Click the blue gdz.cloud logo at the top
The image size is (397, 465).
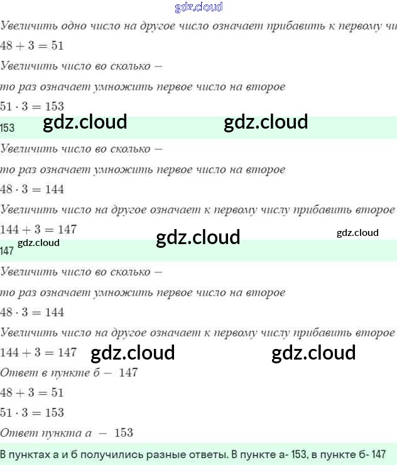[198, 8]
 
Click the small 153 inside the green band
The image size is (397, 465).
[8, 128]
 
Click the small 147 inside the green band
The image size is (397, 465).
[7, 251]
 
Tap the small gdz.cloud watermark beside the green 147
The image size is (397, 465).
[38, 243]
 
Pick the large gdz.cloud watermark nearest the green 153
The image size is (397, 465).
[85, 122]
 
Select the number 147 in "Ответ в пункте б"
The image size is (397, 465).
[128, 373]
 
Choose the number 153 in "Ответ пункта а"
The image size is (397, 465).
[124, 433]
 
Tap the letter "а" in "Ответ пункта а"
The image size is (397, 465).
[89, 434]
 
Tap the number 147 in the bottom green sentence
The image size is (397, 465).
[377, 454]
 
